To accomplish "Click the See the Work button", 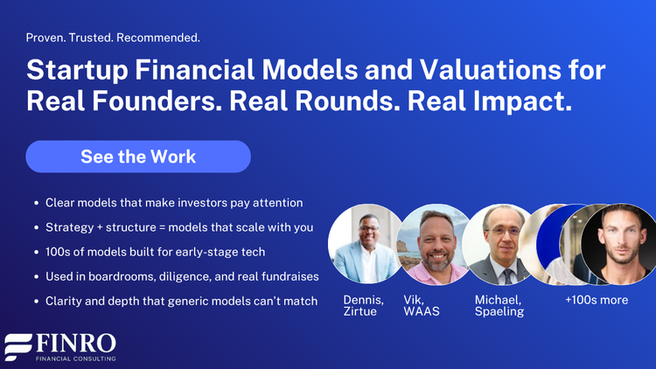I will click(x=138, y=157).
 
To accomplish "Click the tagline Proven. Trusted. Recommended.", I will click(x=113, y=38).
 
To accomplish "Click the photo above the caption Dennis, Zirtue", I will click(x=366, y=244).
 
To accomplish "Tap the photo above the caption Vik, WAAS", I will click(x=434, y=244).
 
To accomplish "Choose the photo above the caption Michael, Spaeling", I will click(x=500, y=244).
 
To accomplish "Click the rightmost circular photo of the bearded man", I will click(x=618, y=244).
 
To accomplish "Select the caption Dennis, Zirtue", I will click(x=364, y=305).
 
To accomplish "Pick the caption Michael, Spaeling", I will click(x=499, y=305).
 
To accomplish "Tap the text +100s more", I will click(x=597, y=299).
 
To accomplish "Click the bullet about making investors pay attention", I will click(x=174, y=202).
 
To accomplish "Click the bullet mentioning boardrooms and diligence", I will click(x=182, y=276).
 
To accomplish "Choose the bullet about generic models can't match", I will click(x=181, y=302).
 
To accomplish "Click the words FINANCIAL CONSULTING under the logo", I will click(x=74, y=359).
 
